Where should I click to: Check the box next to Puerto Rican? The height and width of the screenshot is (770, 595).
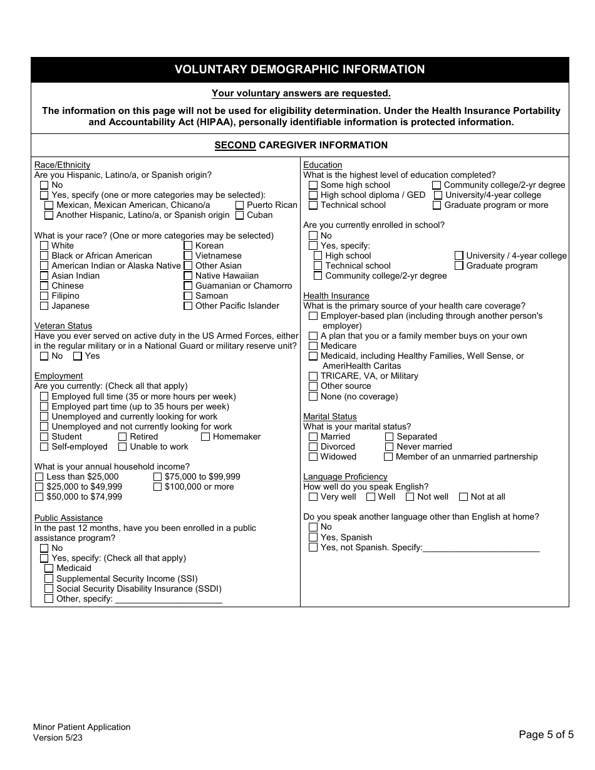240,205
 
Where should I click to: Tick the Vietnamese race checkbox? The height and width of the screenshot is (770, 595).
188,255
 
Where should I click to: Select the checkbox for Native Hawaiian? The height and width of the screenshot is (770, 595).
188,275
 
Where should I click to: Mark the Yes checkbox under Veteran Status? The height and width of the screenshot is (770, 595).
78,356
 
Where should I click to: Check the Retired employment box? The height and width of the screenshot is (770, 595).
123,437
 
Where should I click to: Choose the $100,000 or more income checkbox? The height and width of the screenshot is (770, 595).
158,487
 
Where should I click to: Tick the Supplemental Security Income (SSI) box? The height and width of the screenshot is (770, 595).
49,579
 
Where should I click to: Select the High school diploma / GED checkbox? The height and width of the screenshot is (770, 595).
313,195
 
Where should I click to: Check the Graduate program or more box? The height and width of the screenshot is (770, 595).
437,205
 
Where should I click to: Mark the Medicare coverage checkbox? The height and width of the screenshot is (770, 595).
313,346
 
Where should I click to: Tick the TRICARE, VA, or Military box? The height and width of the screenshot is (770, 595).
313,376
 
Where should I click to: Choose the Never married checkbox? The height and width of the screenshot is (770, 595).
389,447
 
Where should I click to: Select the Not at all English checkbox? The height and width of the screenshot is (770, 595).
463,497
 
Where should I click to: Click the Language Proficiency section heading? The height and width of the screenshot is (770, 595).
345,476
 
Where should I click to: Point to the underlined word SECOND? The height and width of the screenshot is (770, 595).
235,145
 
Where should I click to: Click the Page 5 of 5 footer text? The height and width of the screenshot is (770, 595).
546,735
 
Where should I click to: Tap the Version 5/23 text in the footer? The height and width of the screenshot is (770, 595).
58,737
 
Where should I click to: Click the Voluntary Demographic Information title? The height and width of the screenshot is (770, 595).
299,69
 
